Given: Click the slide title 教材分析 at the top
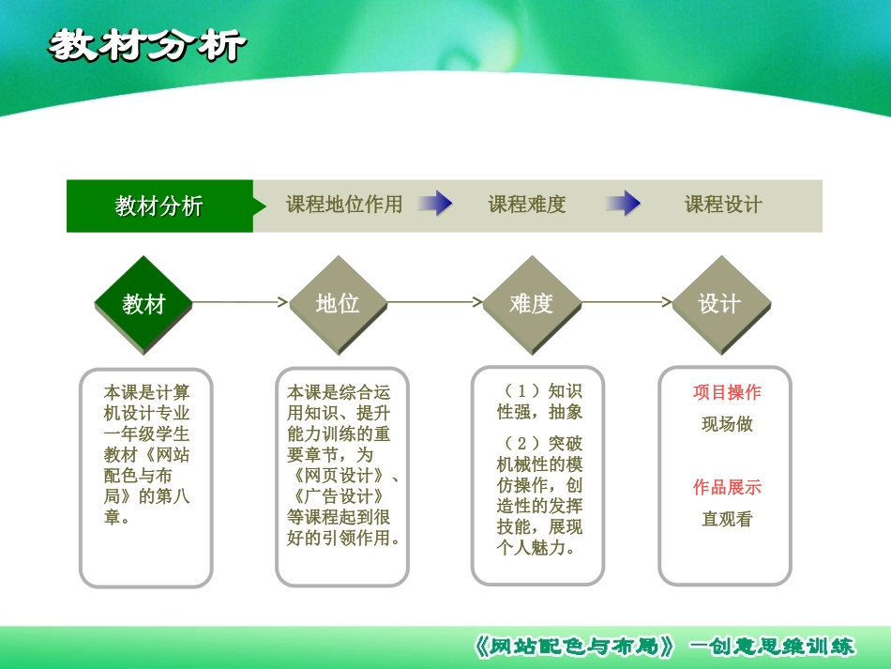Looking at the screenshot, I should point(147,45).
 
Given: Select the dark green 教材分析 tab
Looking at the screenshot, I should point(159,205).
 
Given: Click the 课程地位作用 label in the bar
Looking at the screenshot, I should point(343,205).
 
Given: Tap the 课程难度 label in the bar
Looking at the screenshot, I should point(527,205).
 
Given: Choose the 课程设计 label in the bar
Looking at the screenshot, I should point(723,205).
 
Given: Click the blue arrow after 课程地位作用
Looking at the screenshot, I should point(435,204).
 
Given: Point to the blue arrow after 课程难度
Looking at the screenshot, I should point(624,204).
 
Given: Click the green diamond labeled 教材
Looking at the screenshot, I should point(143,304).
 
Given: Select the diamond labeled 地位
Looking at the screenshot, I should point(338,304).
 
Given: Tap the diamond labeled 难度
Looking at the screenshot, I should point(532,304).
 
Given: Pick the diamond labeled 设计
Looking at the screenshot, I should point(720,304).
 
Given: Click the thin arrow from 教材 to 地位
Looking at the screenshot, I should point(240,302).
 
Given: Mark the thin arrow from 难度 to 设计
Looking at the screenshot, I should point(627,302).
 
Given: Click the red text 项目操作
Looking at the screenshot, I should point(727,392).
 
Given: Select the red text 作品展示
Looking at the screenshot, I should point(727,487).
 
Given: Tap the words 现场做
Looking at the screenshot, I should point(727,424).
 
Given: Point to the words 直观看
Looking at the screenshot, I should point(727,519).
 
